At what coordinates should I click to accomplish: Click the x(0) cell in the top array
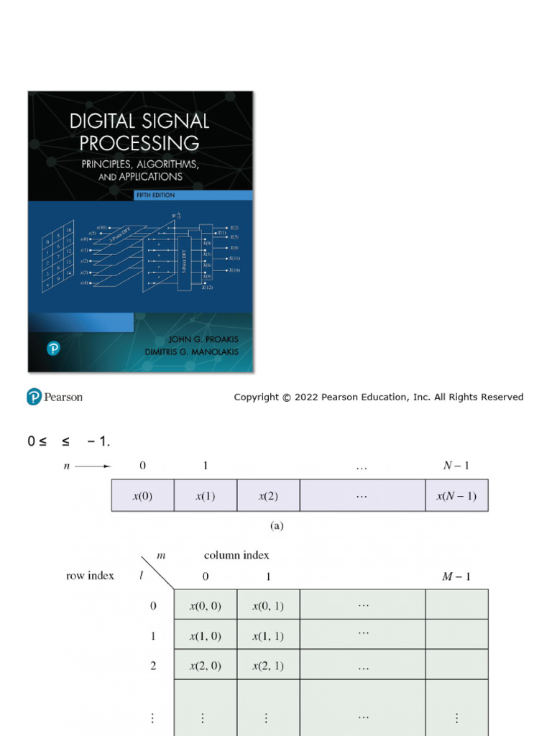click(142, 496)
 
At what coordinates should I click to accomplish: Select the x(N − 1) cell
click(456, 496)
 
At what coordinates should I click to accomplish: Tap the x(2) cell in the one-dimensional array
click(268, 496)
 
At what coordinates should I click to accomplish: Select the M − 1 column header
click(456, 576)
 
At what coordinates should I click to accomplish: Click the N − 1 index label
click(456, 466)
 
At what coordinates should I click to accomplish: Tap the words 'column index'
click(236, 555)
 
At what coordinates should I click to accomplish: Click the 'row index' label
click(90, 576)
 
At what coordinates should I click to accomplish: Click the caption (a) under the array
click(277, 526)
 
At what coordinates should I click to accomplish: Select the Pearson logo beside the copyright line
click(55, 397)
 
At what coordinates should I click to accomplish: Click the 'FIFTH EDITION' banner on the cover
click(155, 195)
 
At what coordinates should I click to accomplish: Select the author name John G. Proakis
click(203, 339)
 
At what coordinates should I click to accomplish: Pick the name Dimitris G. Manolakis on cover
click(193, 352)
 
